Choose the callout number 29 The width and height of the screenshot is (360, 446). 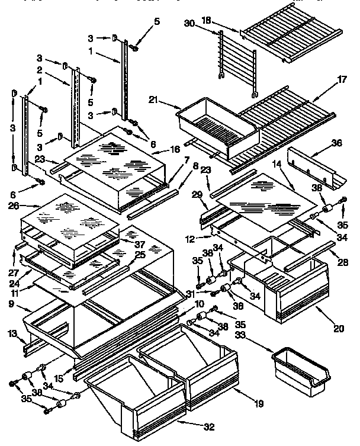197,194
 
